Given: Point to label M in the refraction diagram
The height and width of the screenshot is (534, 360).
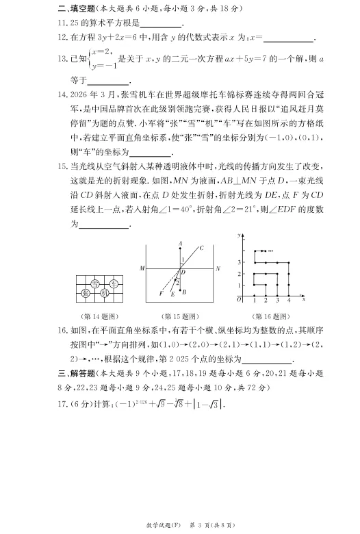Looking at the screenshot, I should click(x=142, y=268).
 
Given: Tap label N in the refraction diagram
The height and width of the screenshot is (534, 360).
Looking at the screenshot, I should click(x=218, y=268).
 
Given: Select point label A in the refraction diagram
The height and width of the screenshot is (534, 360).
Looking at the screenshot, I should click(x=180, y=243).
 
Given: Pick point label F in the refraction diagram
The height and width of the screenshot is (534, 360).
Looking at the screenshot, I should click(x=159, y=293).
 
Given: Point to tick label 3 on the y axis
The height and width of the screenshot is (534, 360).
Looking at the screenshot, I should click(x=240, y=262).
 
